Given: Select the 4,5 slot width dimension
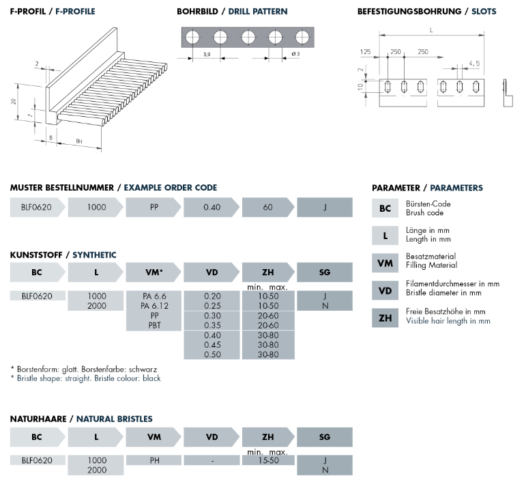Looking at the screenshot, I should pos(473,64).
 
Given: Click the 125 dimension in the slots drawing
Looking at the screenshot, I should pos(366,52).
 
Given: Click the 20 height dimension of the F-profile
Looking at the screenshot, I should pos(14,101).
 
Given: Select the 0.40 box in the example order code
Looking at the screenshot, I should pos(212,207).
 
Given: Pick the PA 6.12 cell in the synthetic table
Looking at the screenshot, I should pos(154,306).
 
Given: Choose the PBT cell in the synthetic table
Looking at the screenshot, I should pos(154,326).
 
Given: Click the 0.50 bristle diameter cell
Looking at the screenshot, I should pos(212,355).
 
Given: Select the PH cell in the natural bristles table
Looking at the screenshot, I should pos(154,460).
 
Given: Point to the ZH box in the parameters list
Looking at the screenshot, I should pos(385,318).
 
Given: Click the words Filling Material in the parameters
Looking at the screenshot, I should pos(431,265).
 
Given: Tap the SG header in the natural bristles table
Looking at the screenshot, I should pos(324,437).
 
